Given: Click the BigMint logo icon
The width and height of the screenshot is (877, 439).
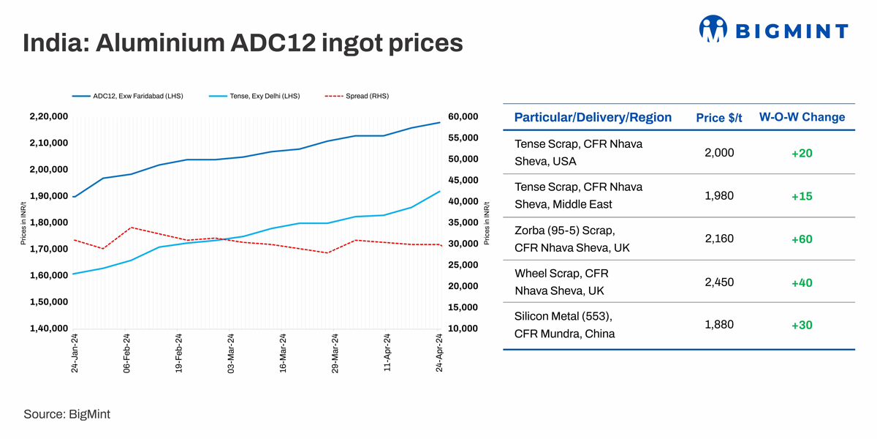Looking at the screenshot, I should coord(714,29).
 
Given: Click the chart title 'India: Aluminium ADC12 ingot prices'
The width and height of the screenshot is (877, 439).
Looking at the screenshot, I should coord(243,42).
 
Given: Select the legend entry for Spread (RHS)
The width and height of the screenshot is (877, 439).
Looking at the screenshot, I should coord(358,96).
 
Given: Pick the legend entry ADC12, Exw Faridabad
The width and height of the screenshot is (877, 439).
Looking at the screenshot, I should coord(128,96).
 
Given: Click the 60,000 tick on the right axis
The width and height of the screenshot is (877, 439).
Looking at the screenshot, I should coord(462,116).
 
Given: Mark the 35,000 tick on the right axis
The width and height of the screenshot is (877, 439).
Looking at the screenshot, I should coord(462,222).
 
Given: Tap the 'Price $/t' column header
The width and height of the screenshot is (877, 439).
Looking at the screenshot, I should coord(719,118).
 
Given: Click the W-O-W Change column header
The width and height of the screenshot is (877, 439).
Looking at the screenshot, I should coord(802,117).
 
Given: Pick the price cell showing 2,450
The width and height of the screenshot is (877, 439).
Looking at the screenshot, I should coord(719,282).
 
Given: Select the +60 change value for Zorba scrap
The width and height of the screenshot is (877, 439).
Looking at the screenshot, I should coord(802,239).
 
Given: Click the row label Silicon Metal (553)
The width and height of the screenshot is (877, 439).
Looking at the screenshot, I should coord(563,316).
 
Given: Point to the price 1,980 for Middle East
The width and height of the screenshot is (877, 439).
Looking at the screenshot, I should coord(719,195).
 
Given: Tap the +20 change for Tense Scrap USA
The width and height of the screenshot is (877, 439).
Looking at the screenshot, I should coord(802,153).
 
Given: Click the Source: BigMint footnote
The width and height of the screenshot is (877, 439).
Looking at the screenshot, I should coord(67,414).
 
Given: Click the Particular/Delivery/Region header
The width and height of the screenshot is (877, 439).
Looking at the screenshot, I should coord(593,117).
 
